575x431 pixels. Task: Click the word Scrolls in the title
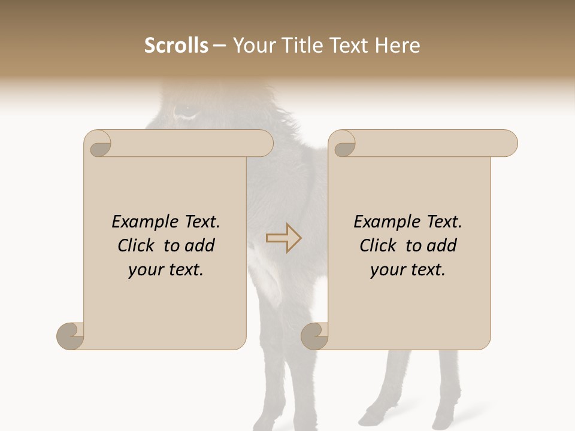176,45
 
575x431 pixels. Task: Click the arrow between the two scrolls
283,238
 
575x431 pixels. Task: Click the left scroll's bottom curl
71,335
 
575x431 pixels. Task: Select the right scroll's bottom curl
314,335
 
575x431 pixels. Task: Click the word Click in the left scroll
137,245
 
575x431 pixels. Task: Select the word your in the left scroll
146,270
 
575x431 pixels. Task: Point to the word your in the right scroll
388,270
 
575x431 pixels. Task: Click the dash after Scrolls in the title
219,46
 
